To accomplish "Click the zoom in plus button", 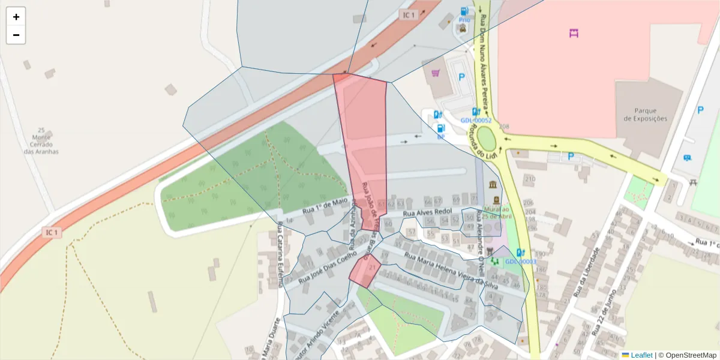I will pos(16,17).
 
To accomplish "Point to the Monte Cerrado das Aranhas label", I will pos(41,141).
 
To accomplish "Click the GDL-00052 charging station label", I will pos(476,121).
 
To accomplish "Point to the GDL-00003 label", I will pos(520,262).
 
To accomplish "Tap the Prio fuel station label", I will pos(464,20).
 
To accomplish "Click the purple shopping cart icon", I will pos(436,73).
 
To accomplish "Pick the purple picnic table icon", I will pos(574,33).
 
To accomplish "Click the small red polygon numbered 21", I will pos(365,271).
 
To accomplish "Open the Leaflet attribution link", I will pos(641,355).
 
